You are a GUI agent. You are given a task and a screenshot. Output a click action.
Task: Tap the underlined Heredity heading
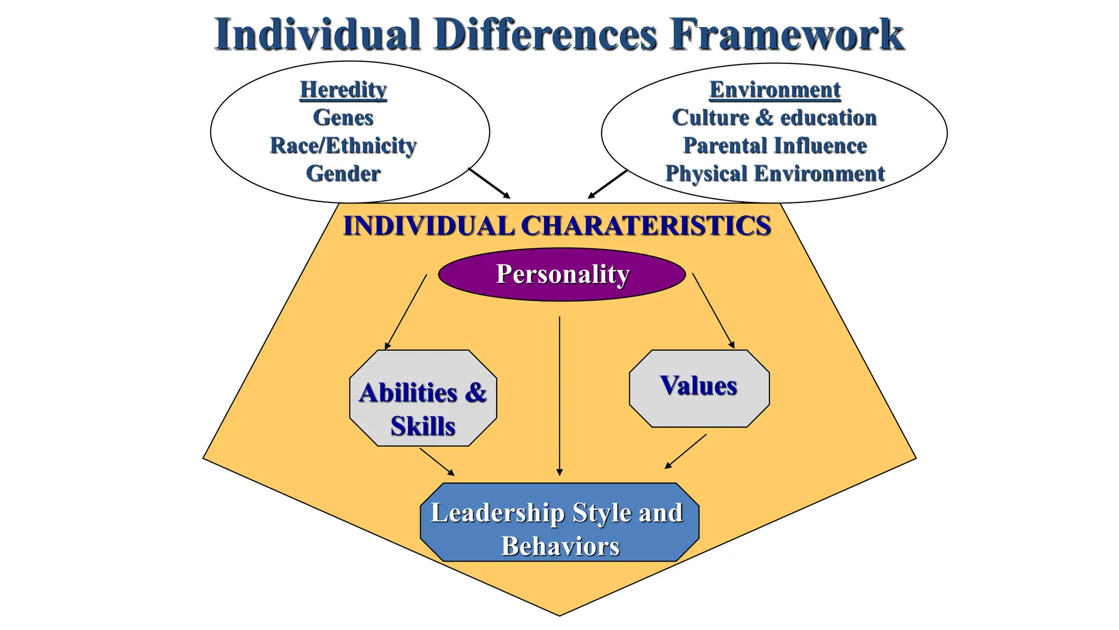click(x=343, y=90)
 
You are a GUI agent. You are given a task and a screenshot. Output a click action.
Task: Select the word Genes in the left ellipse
click(x=343, y=118)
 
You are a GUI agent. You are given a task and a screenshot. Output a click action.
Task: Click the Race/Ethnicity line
click(x=343, y=145)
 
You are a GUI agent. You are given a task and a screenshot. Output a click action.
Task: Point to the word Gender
click(x=343, y=174)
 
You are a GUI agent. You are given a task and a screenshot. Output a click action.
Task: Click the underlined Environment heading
click(x=775, y=90)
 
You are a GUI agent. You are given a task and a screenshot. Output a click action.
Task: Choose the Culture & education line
click(x=774, y=118)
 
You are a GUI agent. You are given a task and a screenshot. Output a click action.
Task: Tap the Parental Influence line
click(x=775, y=145)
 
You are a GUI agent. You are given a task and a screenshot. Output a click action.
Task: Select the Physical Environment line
click(x=775, y=174)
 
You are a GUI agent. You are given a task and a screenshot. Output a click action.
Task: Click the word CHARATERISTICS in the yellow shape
click(x=646, y=226)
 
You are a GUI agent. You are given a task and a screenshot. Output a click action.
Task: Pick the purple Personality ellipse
click(x=562, y=274)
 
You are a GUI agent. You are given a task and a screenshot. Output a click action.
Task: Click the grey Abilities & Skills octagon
click(x=423, y=398)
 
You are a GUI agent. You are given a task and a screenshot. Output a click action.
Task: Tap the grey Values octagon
click(x=699, y=388)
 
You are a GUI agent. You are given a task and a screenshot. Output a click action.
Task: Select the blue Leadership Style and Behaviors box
click(x=559, y=522)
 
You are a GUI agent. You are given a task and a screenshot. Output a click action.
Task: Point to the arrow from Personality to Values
click(x=713, y=311)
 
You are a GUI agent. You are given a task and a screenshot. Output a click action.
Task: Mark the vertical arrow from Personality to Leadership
click(x=559, y=394)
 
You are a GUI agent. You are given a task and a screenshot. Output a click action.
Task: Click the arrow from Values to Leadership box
click(x=686, y=451)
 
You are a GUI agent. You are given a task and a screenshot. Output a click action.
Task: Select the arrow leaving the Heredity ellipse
click(x=489, y=183)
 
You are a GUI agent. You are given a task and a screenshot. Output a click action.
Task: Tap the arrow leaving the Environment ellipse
click(x=608, y=184)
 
